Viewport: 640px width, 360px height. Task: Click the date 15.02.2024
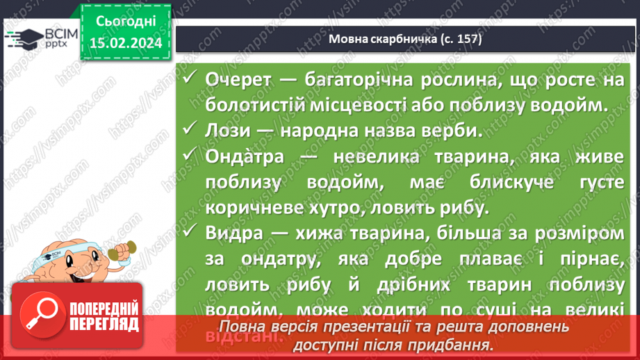(125, 44)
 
